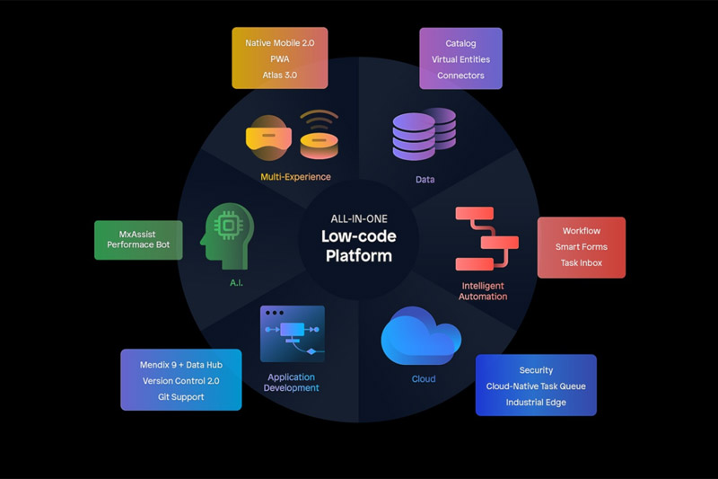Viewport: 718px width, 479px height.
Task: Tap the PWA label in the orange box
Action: point(280,59)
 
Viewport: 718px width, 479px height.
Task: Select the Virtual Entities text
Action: point(460,59)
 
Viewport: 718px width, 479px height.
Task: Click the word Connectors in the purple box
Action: point(460,75)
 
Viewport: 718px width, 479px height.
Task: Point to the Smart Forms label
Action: point(581,247)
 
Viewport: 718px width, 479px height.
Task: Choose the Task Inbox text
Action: point(581,263)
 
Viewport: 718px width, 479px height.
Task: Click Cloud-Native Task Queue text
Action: point(536,386)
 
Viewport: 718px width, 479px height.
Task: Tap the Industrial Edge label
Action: point(536,403)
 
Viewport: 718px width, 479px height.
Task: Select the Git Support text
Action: point(181,396)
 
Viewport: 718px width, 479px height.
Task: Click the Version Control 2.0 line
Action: point(181,380)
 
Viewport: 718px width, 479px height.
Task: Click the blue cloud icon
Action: point(420,336)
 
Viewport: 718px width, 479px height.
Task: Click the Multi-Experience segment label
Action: point(295,178)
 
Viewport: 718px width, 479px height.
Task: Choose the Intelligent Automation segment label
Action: point(484,290)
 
